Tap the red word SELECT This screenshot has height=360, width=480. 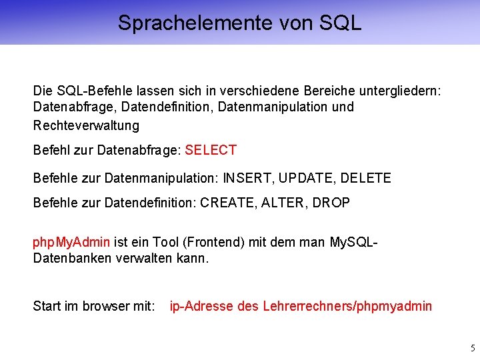211,151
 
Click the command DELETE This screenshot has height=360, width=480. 366,179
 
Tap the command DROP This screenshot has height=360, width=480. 332,203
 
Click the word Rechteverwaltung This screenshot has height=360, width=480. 86,125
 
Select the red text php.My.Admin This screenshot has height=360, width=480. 72,241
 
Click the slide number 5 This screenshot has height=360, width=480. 473,348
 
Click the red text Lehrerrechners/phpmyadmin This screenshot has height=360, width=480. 347,307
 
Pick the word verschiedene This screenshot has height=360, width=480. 266,89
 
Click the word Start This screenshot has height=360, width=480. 47,307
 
